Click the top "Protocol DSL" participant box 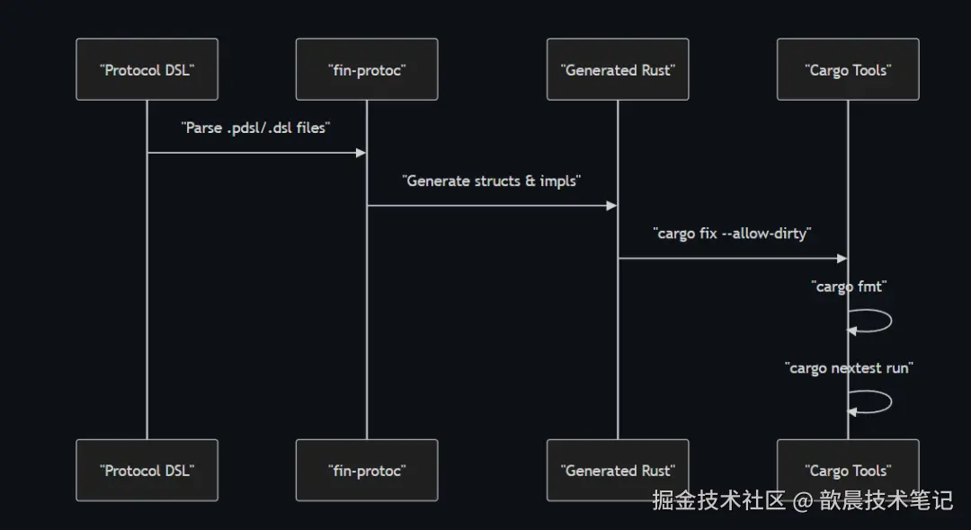[147, 69]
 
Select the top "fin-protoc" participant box [367, 69]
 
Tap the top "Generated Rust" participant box [618, 69]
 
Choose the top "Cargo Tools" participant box [848, 69]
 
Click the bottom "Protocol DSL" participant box [147, 470]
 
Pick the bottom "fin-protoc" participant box [367, 470]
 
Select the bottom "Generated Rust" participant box [618, 470]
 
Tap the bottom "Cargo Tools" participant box [848, 470]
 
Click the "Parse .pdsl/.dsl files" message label [256, 128]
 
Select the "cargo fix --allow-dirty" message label [732, 234]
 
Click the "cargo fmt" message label [848, 287]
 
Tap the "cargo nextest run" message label [848, 367]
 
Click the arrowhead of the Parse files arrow [361, 153]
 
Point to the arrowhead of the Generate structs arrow [611, 206]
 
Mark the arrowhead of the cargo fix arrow [842, 259]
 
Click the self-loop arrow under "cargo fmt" [888, 321]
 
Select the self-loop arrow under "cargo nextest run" [888, 402]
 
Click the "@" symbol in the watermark [802, 500]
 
